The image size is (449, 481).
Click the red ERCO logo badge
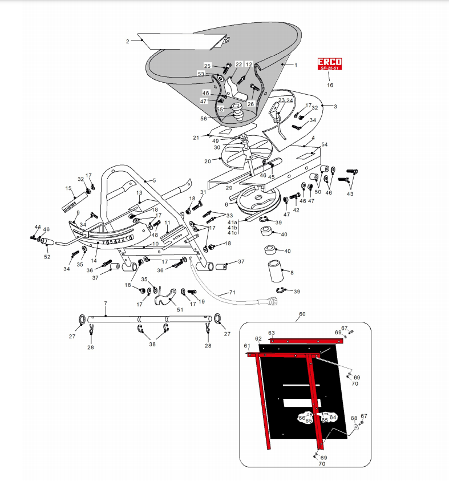[329, 63]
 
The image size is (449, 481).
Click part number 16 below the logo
[330, 85]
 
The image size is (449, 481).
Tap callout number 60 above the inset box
[302, 314]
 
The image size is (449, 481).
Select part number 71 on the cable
[232, 293]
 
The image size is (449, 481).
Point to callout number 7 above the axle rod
[106, 302]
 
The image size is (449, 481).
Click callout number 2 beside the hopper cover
[128, 41]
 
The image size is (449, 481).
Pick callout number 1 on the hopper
[296, 65]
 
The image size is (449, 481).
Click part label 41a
[233, 222]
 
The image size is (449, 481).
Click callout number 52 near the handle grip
[47, 257]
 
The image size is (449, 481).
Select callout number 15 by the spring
[68, 188]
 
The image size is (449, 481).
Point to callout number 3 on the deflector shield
[335, 106]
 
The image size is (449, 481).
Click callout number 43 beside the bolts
[350, 194]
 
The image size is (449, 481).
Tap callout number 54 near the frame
[325, 145]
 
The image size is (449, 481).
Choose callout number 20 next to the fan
[208, 161]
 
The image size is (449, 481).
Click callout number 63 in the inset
[272, 333]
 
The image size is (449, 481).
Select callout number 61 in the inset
[247, 346]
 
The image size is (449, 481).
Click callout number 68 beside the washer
[354, 418]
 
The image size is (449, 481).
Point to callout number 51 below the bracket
[180, 309]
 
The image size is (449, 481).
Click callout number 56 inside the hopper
[204, 119]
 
